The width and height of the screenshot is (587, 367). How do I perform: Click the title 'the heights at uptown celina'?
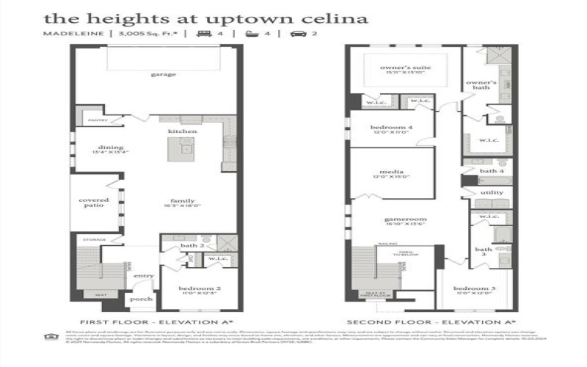coord(195,18)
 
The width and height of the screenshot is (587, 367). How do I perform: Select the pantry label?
coord(97,120)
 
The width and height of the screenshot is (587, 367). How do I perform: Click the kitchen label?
coord(183,131)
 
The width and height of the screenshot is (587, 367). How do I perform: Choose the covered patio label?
coord(94,203)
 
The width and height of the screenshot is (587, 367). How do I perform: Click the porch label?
coord(141,299)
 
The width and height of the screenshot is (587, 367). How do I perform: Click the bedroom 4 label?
coord(392,128)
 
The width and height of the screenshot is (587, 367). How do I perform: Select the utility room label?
coord(491,192)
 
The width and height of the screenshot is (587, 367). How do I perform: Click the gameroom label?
coord(400,219)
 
